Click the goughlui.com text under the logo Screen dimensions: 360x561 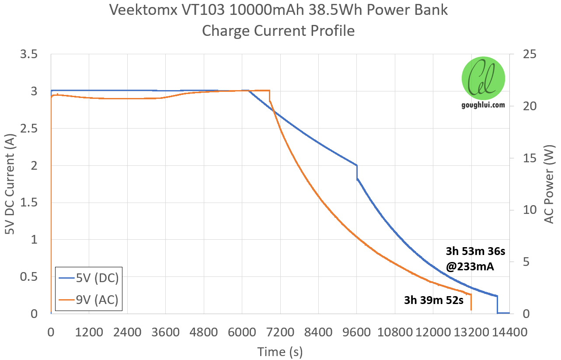coord(483,105)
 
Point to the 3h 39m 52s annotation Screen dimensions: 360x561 coord(433,301)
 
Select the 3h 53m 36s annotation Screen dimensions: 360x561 coord(476,252)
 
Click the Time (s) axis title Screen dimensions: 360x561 coord(280,351)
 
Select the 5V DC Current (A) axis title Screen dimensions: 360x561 coord(10,184)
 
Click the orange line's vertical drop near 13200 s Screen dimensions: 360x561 coord(471,302)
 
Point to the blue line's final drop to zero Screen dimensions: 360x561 coord(497,304)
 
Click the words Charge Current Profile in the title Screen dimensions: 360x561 coord(278,31)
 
